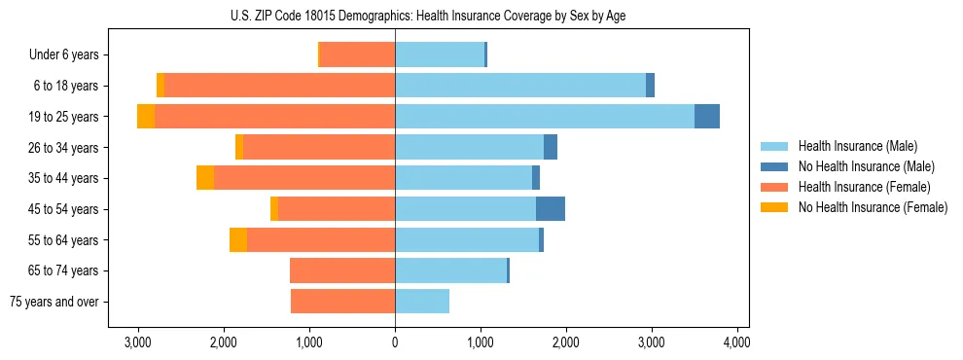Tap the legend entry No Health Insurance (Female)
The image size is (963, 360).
click(873, 207)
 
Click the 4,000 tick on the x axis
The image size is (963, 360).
click(736, 342)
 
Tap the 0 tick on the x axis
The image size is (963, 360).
click(395, 342)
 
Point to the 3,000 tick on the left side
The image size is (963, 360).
click(138, 342)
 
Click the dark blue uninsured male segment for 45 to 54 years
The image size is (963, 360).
click(551, 209)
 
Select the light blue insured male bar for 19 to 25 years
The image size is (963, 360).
click(545, 117)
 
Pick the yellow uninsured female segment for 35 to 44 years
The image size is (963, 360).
click(205, 178)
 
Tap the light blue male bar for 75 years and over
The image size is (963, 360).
click(422, 302)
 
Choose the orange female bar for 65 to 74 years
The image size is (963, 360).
click(342, 270)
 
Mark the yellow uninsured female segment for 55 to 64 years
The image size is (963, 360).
click(238, 240)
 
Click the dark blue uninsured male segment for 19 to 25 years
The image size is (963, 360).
click(707, 117)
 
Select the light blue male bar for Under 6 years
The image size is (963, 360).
click(440, 55)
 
